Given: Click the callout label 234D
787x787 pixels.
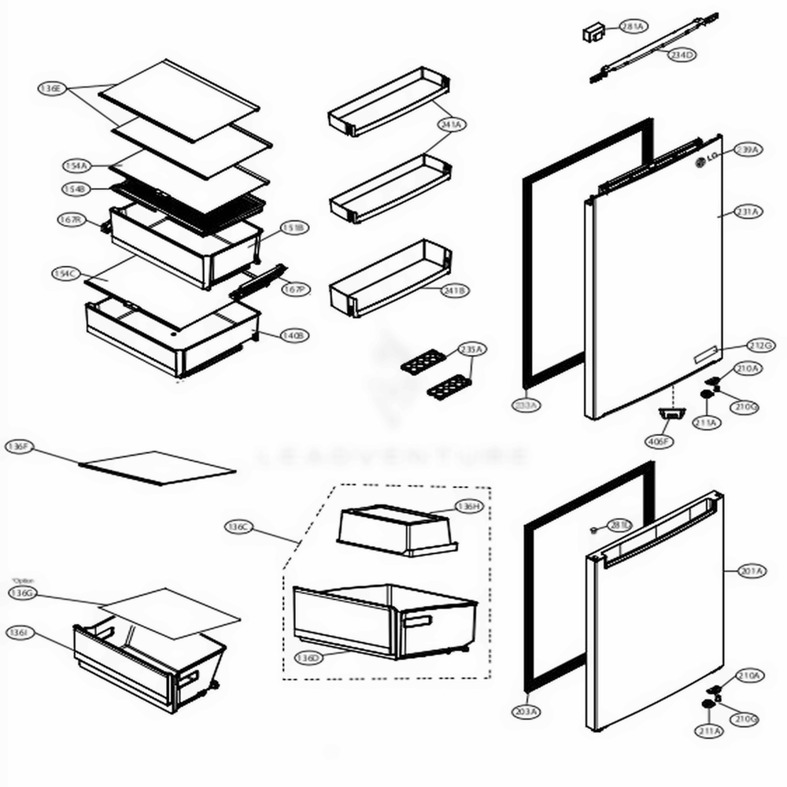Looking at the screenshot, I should pyautogui.click(x=682, y=55).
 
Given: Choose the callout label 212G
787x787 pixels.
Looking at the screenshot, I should pyautogui.click(x=761, y=345).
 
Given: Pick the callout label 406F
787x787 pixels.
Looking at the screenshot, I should pyautogui.click(x=659, y=442).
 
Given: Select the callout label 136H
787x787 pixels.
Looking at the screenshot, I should pyautogui.click(x=467, y=507).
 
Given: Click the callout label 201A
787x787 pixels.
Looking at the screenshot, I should pyautogui.click(x=752, y=571).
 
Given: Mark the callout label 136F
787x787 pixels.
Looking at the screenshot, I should pyautogui.click(x=18, y=446).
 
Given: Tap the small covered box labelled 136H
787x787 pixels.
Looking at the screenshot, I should pyautogui.click(x=393, y=529).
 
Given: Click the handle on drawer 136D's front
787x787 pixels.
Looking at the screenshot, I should pyautogui.click(x=416, y=622).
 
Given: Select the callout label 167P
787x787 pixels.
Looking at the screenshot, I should pyautogui.click(x=294, y=289).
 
